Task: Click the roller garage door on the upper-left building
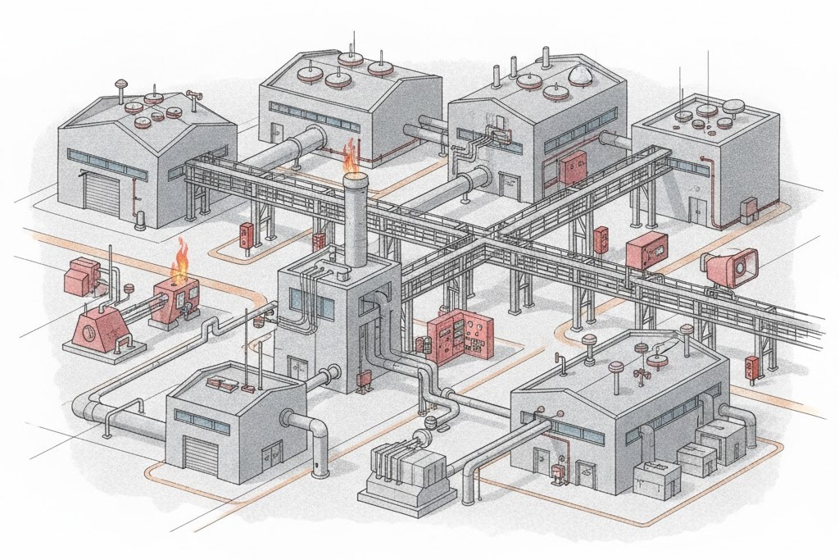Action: (102, 195)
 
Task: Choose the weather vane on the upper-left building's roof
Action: (195, 98)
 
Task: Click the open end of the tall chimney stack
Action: (354, 178)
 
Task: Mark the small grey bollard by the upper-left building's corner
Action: (141, 220)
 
